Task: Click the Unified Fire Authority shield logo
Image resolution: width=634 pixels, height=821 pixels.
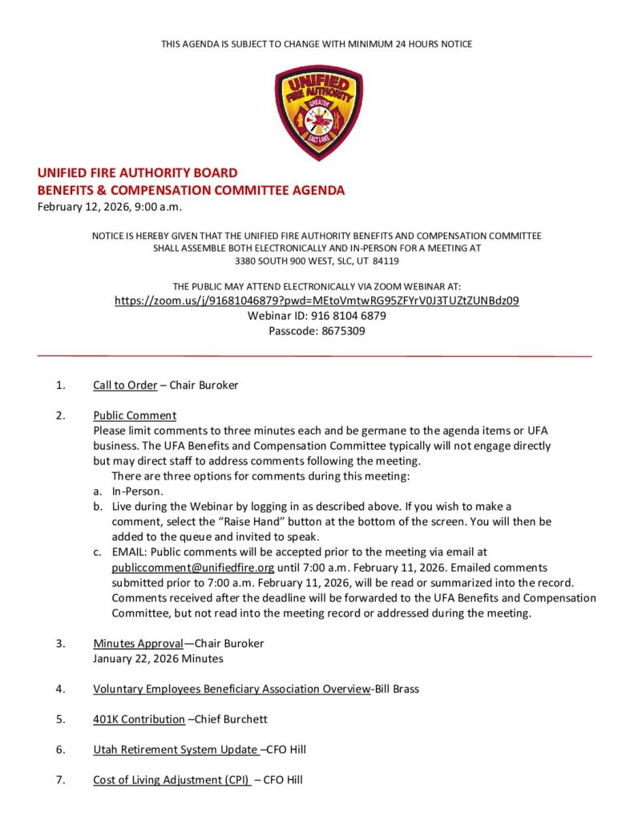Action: (x=318, y=112)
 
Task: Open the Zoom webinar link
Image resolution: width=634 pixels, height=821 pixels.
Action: (x=317, y=301)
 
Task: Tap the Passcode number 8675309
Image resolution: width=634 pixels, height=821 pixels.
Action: (x=339, y=330)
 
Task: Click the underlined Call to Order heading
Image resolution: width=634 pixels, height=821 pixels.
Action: (x=125, y=385)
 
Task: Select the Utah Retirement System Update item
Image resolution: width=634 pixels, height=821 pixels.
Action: (x=175, y=750)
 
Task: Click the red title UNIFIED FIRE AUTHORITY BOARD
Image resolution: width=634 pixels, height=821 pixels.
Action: (x=137, y=172)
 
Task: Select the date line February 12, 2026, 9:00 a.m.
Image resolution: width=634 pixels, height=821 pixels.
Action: (x=110, y=208)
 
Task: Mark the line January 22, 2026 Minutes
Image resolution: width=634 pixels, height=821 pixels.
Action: (x=158, y=658)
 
